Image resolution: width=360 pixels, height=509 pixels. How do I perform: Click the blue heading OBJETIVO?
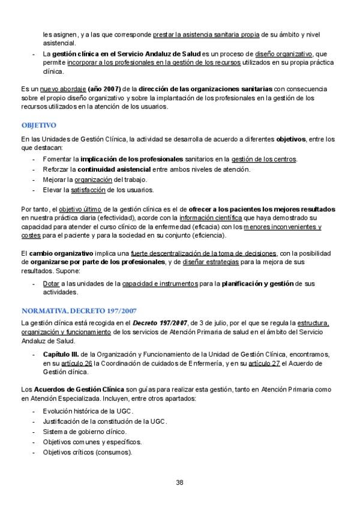pos(38,125)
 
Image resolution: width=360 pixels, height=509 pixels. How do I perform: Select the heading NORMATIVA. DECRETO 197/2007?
pos(79,311)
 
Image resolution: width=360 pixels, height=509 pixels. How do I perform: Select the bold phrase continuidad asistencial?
pos(114,169)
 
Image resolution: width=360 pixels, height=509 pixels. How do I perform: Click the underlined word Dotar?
pos(50,283)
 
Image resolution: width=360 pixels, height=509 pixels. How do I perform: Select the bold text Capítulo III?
pos(62,354)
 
